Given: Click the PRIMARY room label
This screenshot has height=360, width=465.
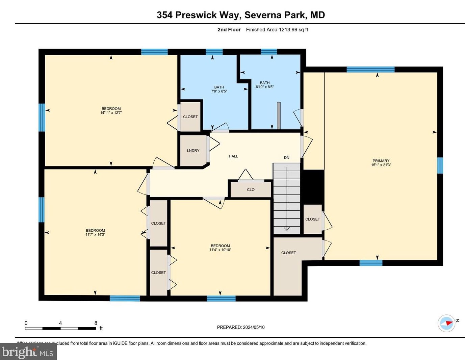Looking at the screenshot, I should [381, 161].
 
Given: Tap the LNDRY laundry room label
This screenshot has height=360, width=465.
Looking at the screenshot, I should [193, 151].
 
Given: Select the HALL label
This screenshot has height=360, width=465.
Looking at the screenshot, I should [233, 156].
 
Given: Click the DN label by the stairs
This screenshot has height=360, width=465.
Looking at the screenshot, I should [286, 158].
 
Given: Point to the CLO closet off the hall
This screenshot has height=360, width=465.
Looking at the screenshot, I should [251, 190].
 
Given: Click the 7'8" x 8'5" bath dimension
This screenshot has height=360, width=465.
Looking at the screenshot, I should [219, 91].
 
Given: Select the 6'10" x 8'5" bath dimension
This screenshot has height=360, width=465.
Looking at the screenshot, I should [264, 87].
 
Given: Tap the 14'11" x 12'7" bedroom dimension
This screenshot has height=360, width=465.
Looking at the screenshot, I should [111, 113].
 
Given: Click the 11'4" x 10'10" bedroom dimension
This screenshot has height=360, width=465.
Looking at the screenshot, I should [220, 250].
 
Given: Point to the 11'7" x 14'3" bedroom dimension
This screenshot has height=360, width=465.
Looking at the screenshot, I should [95, 234].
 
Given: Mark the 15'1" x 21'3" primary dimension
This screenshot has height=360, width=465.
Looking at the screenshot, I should [381, 165].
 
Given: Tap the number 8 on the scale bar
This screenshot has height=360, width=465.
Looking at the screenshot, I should [96, 323].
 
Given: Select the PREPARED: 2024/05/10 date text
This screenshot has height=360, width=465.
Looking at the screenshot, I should [241, 327].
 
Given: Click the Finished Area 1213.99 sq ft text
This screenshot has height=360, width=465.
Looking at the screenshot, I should [277, 30].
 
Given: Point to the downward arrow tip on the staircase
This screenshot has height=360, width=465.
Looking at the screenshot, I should [287, 230].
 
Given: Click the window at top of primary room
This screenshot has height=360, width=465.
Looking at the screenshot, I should [370, 70].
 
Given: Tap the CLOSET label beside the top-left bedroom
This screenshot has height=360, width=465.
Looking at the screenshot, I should [190, 117].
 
